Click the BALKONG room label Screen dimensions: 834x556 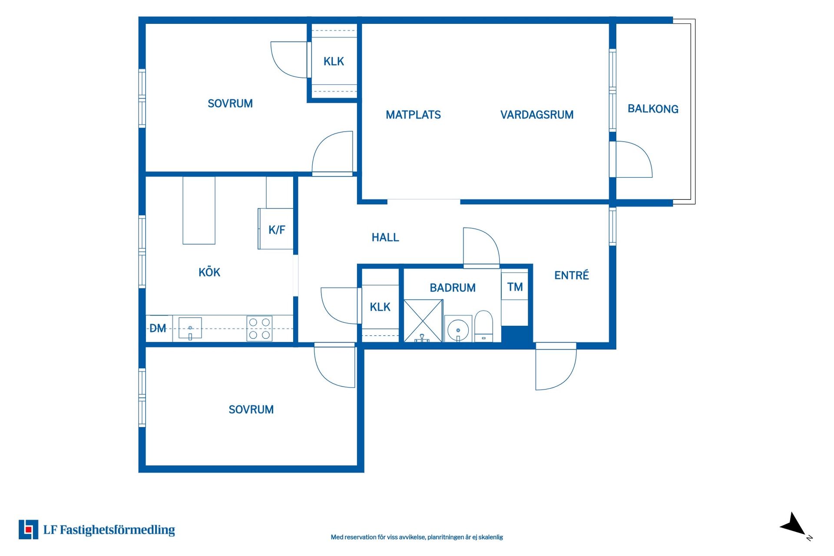tap(653, 109)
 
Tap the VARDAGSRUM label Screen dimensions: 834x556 tap(537, 115)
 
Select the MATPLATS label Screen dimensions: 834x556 tap(413, 115)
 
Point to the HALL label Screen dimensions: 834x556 tap(385, 237)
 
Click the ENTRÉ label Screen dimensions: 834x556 tap(572, 275)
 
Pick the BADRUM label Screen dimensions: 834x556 tap(453, 288)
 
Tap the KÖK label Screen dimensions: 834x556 tap(209, 272)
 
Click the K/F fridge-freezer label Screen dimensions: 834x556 tap(277, 230)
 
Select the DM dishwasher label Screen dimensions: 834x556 tap(158, 328)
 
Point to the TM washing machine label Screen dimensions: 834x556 tap(515, 287)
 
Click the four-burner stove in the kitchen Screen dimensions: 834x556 tap(259, 328)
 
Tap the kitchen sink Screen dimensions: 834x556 tap(190, 328)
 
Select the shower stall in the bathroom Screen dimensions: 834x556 tap(423, 321)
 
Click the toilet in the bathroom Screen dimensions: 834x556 tap(483, 326)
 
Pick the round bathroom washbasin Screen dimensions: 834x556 tap(458, 330)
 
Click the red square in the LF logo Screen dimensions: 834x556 tap(29, 530)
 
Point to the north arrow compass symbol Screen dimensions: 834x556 tap(794, 525)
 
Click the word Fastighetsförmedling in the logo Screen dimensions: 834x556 tap(117, 530)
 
